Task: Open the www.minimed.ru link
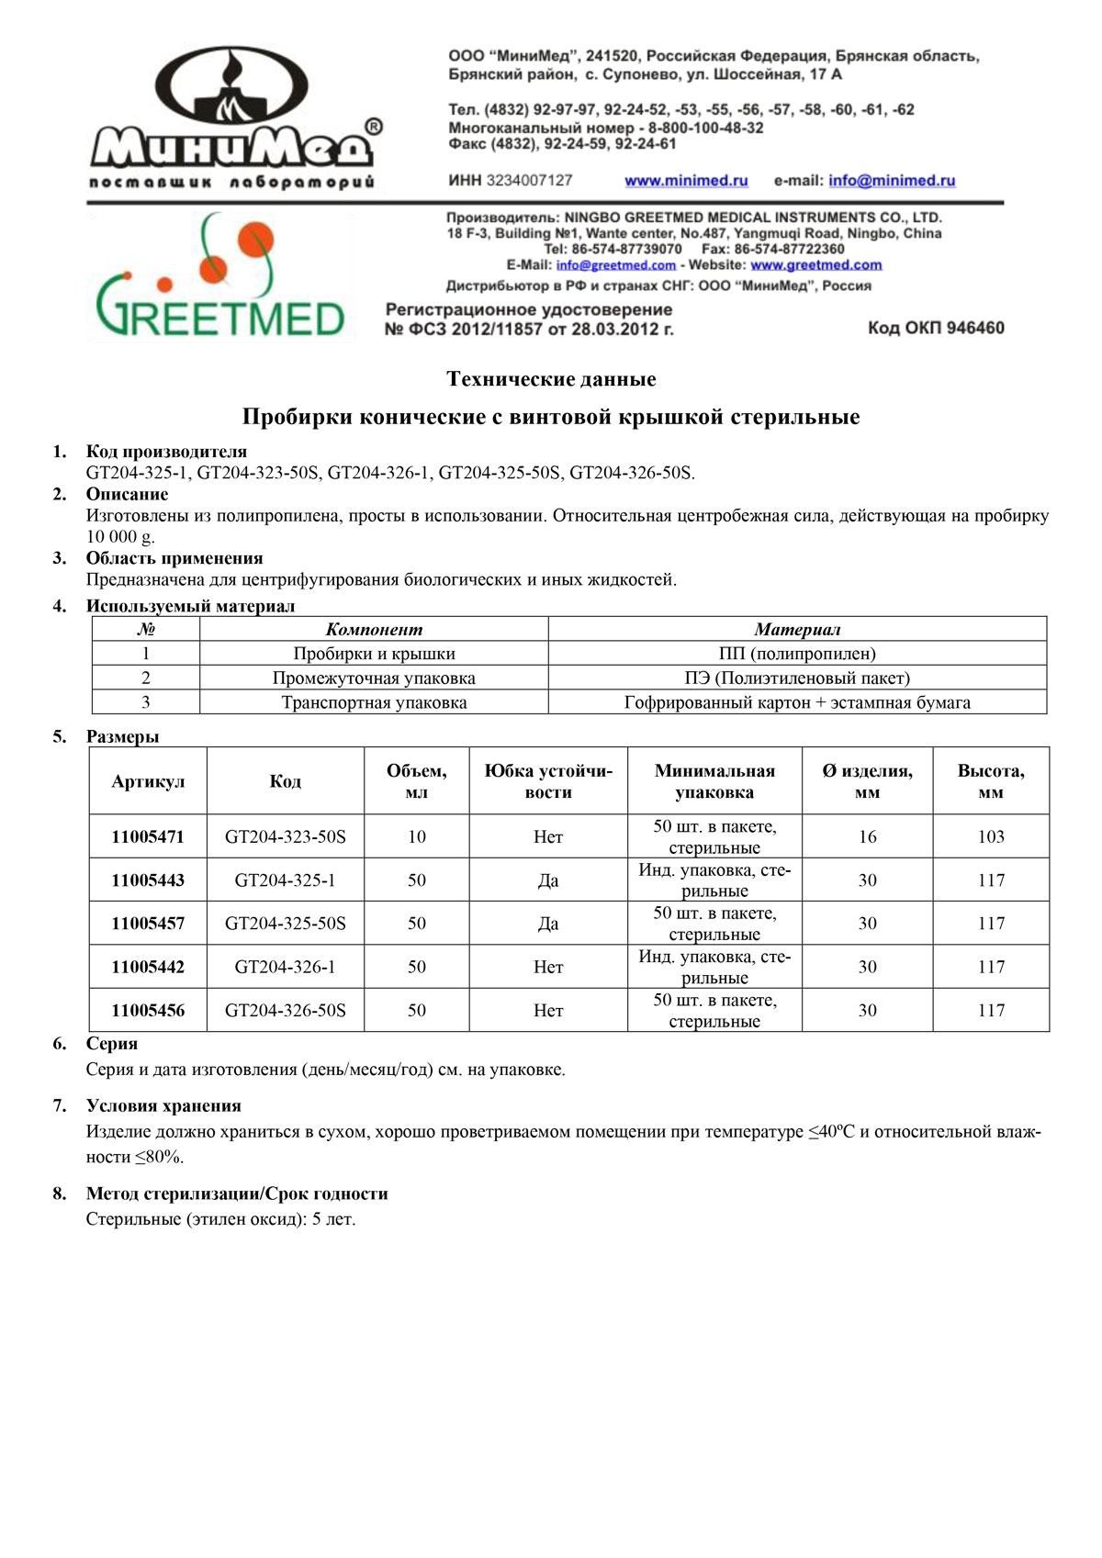pyautogui.click(x=686, y=181)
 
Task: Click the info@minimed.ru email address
pyautogui.click(x=891, y=181)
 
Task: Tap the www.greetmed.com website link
pyautogui.click(x=815, y=265)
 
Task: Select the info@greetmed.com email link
pyautogui.click(x=615, y=265)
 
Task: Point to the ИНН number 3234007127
pyautogui.click(x=529, y=181)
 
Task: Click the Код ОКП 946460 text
pyautogui.click(x=935, y=328)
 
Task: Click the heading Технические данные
pyautogui.click(x=551, y=379)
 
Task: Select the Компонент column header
pyautogui.click(x=374, y=630)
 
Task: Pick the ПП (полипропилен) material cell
pyautogui.click(x=797, y=654)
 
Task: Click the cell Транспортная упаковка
pyautogui.click(x=374, y=702)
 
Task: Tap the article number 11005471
pyautogui.click(x=148, y=836)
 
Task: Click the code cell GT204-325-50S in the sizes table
pyautogui.click(x=286, y=924)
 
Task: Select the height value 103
pyautogui.click(x=991, y=836)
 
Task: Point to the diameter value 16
pyautogui.click(x=867, y=836)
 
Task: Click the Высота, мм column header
pyautogui.click(x=991, y=781)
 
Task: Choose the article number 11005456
pyautogui.click(x=148, y=1010)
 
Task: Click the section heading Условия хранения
pyautogui.click(x=163, y=1106)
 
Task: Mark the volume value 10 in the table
pyautogui.click(x=417, y=836)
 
